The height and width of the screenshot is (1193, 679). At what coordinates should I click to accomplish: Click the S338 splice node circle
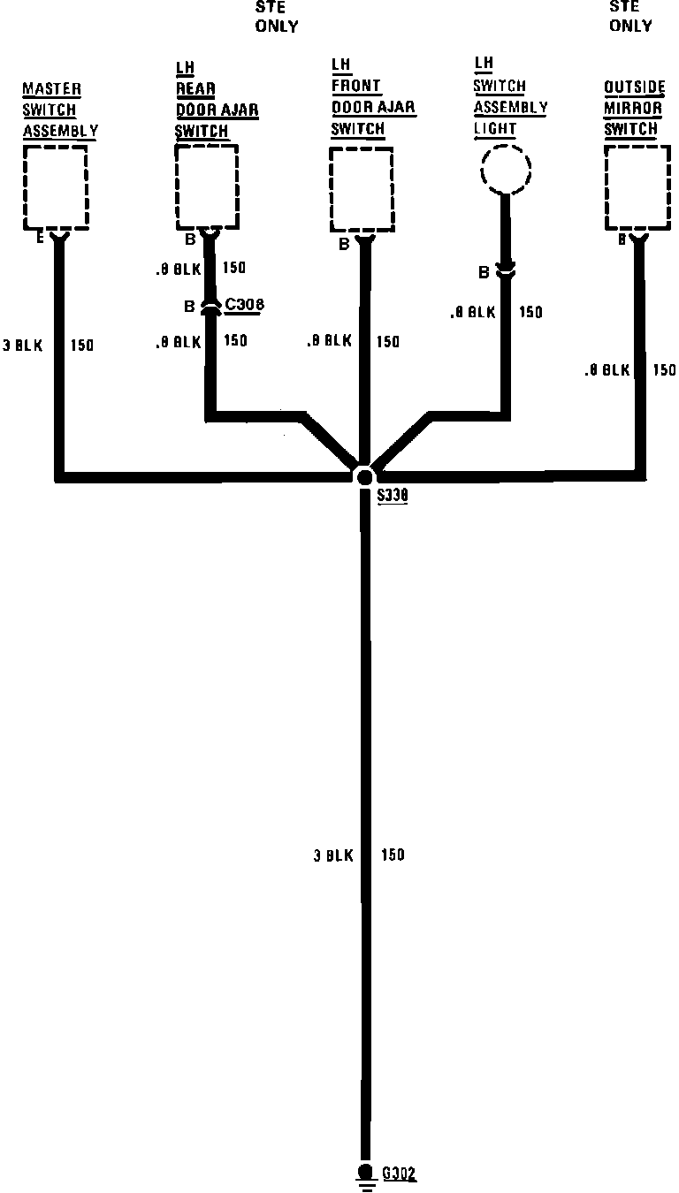pyautogui.click(x=364, y=476)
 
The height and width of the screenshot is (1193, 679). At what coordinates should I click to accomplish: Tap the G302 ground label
pyautogui.click(x=399, y=1174)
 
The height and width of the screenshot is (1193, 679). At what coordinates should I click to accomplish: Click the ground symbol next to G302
pyautogui.click(x=364, y=1175)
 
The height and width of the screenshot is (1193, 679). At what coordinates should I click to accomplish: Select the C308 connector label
pyautogui.click(x=245, y=306)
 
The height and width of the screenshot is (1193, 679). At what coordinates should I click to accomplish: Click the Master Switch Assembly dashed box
pyautogui.click(x=55, y=186)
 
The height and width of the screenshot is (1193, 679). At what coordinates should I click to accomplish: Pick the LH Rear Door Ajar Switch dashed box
pyautogui.click(x=206, y=186)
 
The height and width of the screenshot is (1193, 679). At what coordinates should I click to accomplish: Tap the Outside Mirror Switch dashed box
pyautogui.click(x=637, y=187)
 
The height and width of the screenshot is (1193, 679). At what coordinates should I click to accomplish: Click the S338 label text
pyautogui.click(x=392, y=497)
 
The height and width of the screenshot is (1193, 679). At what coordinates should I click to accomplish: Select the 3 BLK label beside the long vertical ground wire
pyautogui.click(x=333, y=855)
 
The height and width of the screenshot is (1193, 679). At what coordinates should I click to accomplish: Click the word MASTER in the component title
pyautogui.click(x=51, y=89)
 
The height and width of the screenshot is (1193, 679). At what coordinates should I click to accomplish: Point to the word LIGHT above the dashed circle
pyautogui.click(x=495, y=129)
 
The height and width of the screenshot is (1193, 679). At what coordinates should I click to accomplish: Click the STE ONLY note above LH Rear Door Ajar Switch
pyautogui.click(x=277, y=17)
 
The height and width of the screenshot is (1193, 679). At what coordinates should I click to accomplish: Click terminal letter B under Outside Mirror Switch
pyautogui.click(x=622, y=239)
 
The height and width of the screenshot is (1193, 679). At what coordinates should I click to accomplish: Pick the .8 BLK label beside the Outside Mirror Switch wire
pyautogui.click(x=607, y=370)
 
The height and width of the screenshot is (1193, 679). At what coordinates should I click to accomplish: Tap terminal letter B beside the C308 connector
pyautogui.click(x=189, y=307)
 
